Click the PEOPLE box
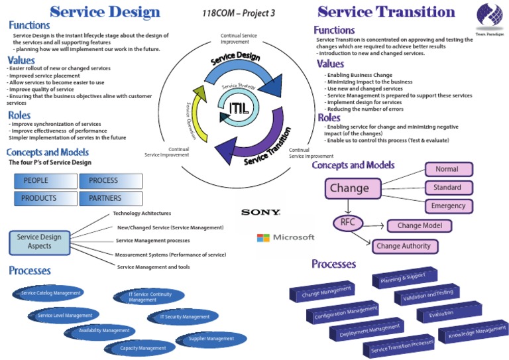(44, 180)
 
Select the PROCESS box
(110, 180)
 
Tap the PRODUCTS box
(44, 198)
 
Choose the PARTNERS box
(110, 198)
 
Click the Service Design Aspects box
(39, 242)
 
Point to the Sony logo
(260, 212)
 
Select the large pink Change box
(352, 188)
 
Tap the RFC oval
(348, 223)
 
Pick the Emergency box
(449, 206)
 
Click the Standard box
(449, 188)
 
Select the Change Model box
(419, 226)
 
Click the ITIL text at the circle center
(239, 108)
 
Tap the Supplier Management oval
(211, 339)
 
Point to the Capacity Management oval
(142, 347)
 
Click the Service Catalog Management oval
(51, 292)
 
